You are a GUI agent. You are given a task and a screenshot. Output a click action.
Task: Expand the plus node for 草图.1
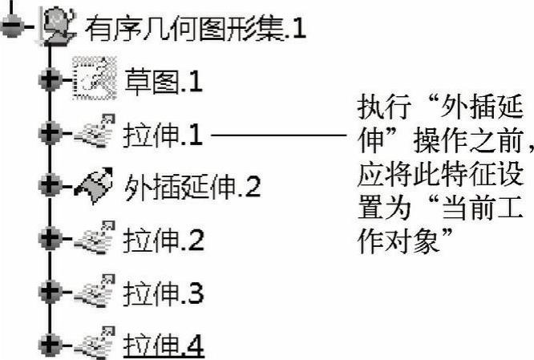click(x=50, y=80)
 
